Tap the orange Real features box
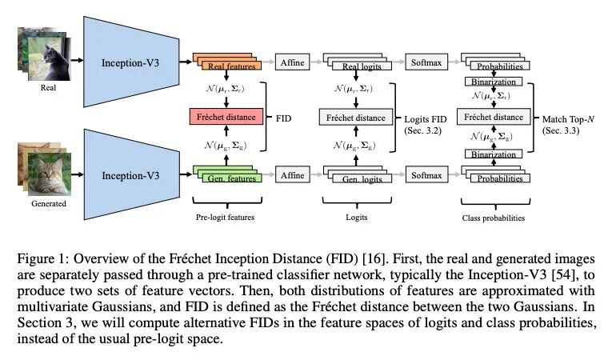[x=230, y=66]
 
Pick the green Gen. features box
[x=230, y=177]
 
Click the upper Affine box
[x=293, y=62]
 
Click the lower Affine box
[x=293, y=172]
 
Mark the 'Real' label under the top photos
[x=48, y=89]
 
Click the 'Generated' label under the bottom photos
[x=49, y=203]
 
